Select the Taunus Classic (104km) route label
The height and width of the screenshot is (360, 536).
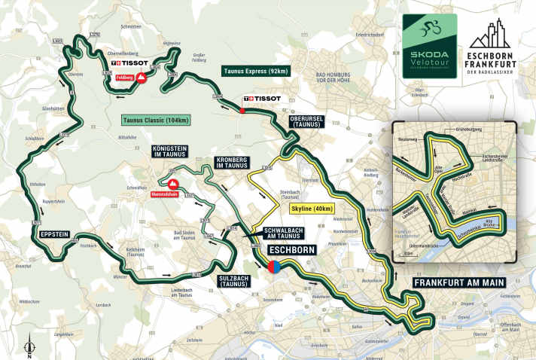click(x=156, y=120)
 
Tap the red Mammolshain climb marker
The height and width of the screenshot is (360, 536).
click(x=172, y=184)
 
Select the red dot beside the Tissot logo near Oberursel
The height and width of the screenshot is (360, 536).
click(x=242, y=111)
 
